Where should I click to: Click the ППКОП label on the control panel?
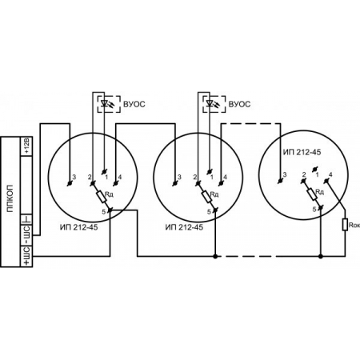pos(10,198)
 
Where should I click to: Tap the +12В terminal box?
pos(26,146)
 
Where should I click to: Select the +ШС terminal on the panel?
pos(26,256)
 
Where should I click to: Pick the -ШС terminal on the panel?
pos(26,235)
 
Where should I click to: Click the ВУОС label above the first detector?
pos(134,104)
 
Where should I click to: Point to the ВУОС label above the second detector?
pos(239,104)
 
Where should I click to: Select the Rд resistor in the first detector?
pos(102,196)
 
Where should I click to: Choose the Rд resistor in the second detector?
pos(206,196)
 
